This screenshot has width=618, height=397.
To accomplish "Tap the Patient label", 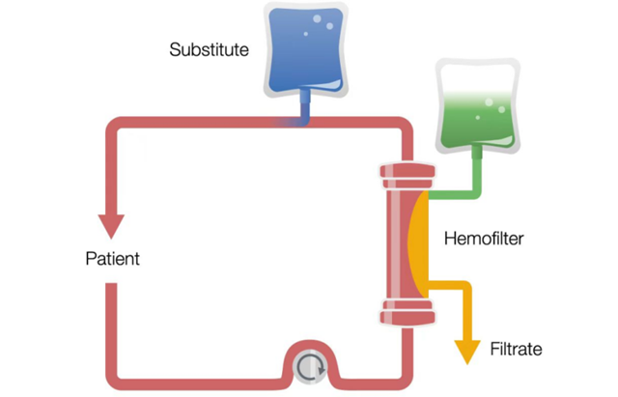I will coord(112,259).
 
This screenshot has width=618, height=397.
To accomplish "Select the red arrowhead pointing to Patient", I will coord(112,224).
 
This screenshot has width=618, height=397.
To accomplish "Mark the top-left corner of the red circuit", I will coord(113,126).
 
